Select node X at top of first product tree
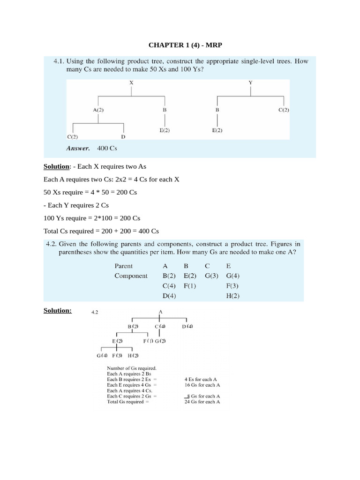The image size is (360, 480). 131,82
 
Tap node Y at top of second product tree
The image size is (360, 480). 250,82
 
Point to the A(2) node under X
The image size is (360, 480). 98,110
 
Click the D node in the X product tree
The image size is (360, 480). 123,137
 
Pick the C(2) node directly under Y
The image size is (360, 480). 284,110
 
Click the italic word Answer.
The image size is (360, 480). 78,148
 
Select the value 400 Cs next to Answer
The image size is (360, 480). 107,148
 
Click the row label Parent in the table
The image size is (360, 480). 124,265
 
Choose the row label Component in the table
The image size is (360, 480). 131,276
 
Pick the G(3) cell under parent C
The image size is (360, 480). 212,276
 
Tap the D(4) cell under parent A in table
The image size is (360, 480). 169,296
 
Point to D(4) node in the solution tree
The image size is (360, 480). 187,326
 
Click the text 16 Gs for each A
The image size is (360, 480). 202,385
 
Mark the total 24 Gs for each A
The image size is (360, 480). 202,402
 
